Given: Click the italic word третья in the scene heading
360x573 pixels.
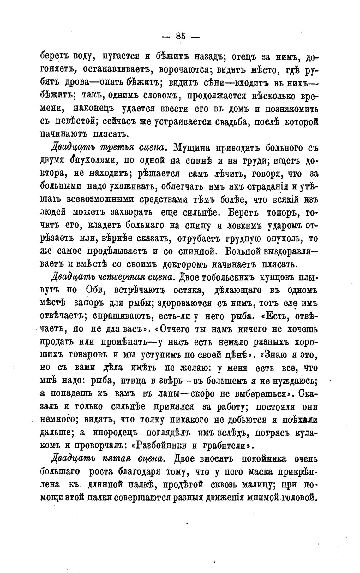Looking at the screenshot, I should point(117,148).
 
